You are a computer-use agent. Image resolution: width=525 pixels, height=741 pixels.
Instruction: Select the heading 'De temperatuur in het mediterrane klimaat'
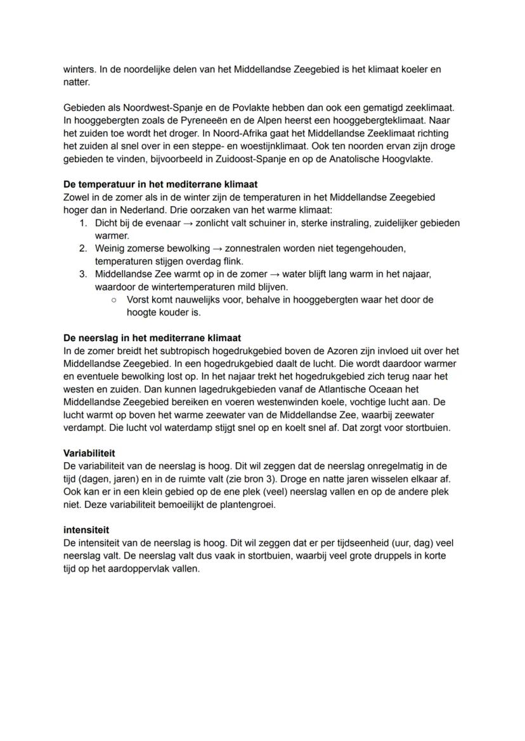click(x=160, y=184)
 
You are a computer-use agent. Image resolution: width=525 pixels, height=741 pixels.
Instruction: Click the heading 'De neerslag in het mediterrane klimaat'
click(x=152, y=338)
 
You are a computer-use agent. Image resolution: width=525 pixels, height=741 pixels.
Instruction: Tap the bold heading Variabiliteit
click(x=89, y=453)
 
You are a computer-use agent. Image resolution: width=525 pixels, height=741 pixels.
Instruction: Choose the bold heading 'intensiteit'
click(x=86, y=531)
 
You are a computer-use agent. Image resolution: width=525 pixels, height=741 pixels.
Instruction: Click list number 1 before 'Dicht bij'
click(x=82, y=223)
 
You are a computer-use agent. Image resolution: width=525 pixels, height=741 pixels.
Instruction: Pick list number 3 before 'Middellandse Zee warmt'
click(x=82, y=274)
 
